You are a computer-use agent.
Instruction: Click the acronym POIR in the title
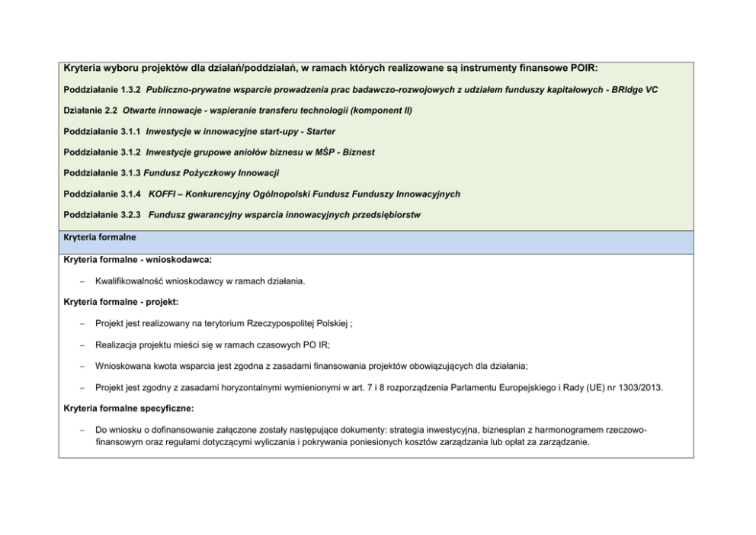(x=583, y=69)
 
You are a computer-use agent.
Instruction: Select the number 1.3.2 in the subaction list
(x=130, y=90)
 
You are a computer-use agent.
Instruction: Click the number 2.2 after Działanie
(x=109, y=111)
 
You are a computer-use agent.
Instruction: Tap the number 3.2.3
(x=130, y=215)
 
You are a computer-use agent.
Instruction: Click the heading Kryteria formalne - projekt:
(x=122, y=302)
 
